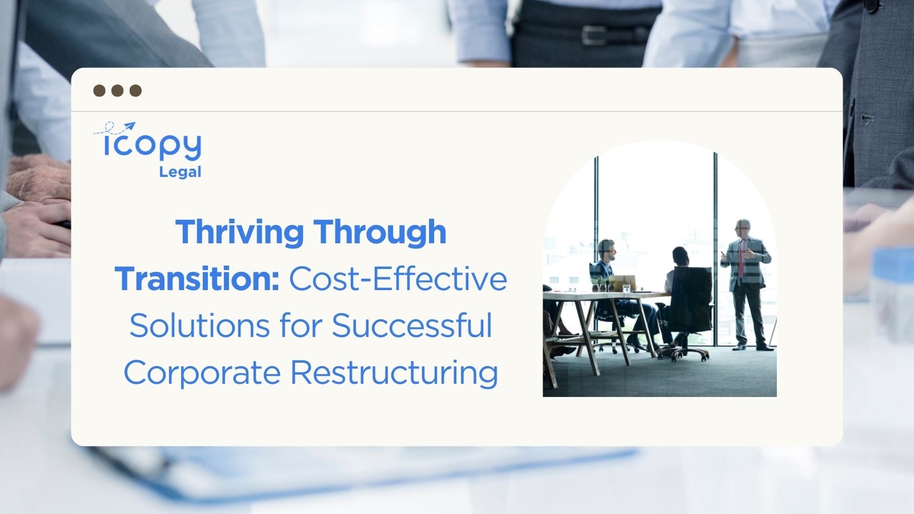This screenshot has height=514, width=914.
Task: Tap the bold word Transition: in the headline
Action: pyautogui.click(x=197, y=279)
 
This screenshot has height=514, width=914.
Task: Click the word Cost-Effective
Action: pyautogui.click(x=398, y=279)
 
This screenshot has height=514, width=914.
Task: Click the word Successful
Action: pyautogui.click(x=412, y=326)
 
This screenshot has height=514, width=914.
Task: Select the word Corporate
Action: pyautogui.click(x=202, y=373)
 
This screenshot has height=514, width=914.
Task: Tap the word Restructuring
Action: pyautogui.click(x=394, y=373)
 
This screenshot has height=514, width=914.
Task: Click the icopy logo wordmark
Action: pyautogui.click(x=153, y=146)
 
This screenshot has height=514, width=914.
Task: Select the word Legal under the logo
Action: pyautogui.click(x=180, y=172)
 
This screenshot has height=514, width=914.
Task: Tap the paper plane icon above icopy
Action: pyautogui.click(x=129, y=126)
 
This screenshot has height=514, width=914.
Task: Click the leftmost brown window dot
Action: pyautogui.click(x=99, y=91)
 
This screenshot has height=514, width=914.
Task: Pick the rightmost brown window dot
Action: pyautogui.click(x=135, y=91)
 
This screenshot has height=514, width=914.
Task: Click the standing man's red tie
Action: pyautogui.click(x=741, y=257)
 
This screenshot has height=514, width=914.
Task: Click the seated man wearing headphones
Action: pyautogui.click(x=607, y=268)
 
